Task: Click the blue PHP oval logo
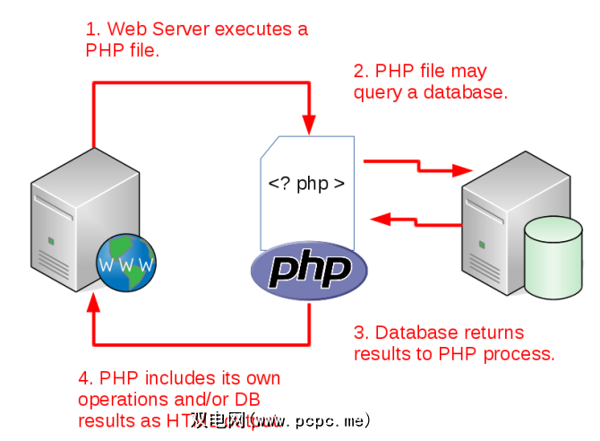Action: point(308,271)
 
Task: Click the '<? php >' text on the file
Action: point(306,184)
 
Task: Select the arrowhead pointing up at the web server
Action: point(94,304)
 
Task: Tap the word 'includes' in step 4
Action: point(179,377)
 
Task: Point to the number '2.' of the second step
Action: point(361,71)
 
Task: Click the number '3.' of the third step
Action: point(361,333)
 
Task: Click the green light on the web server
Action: point(51,241)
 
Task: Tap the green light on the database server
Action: point(483,243)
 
